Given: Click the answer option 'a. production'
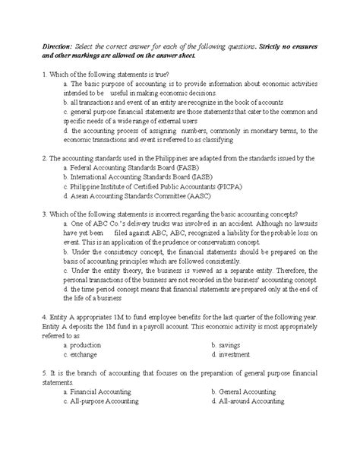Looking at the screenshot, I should pos(85,344).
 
